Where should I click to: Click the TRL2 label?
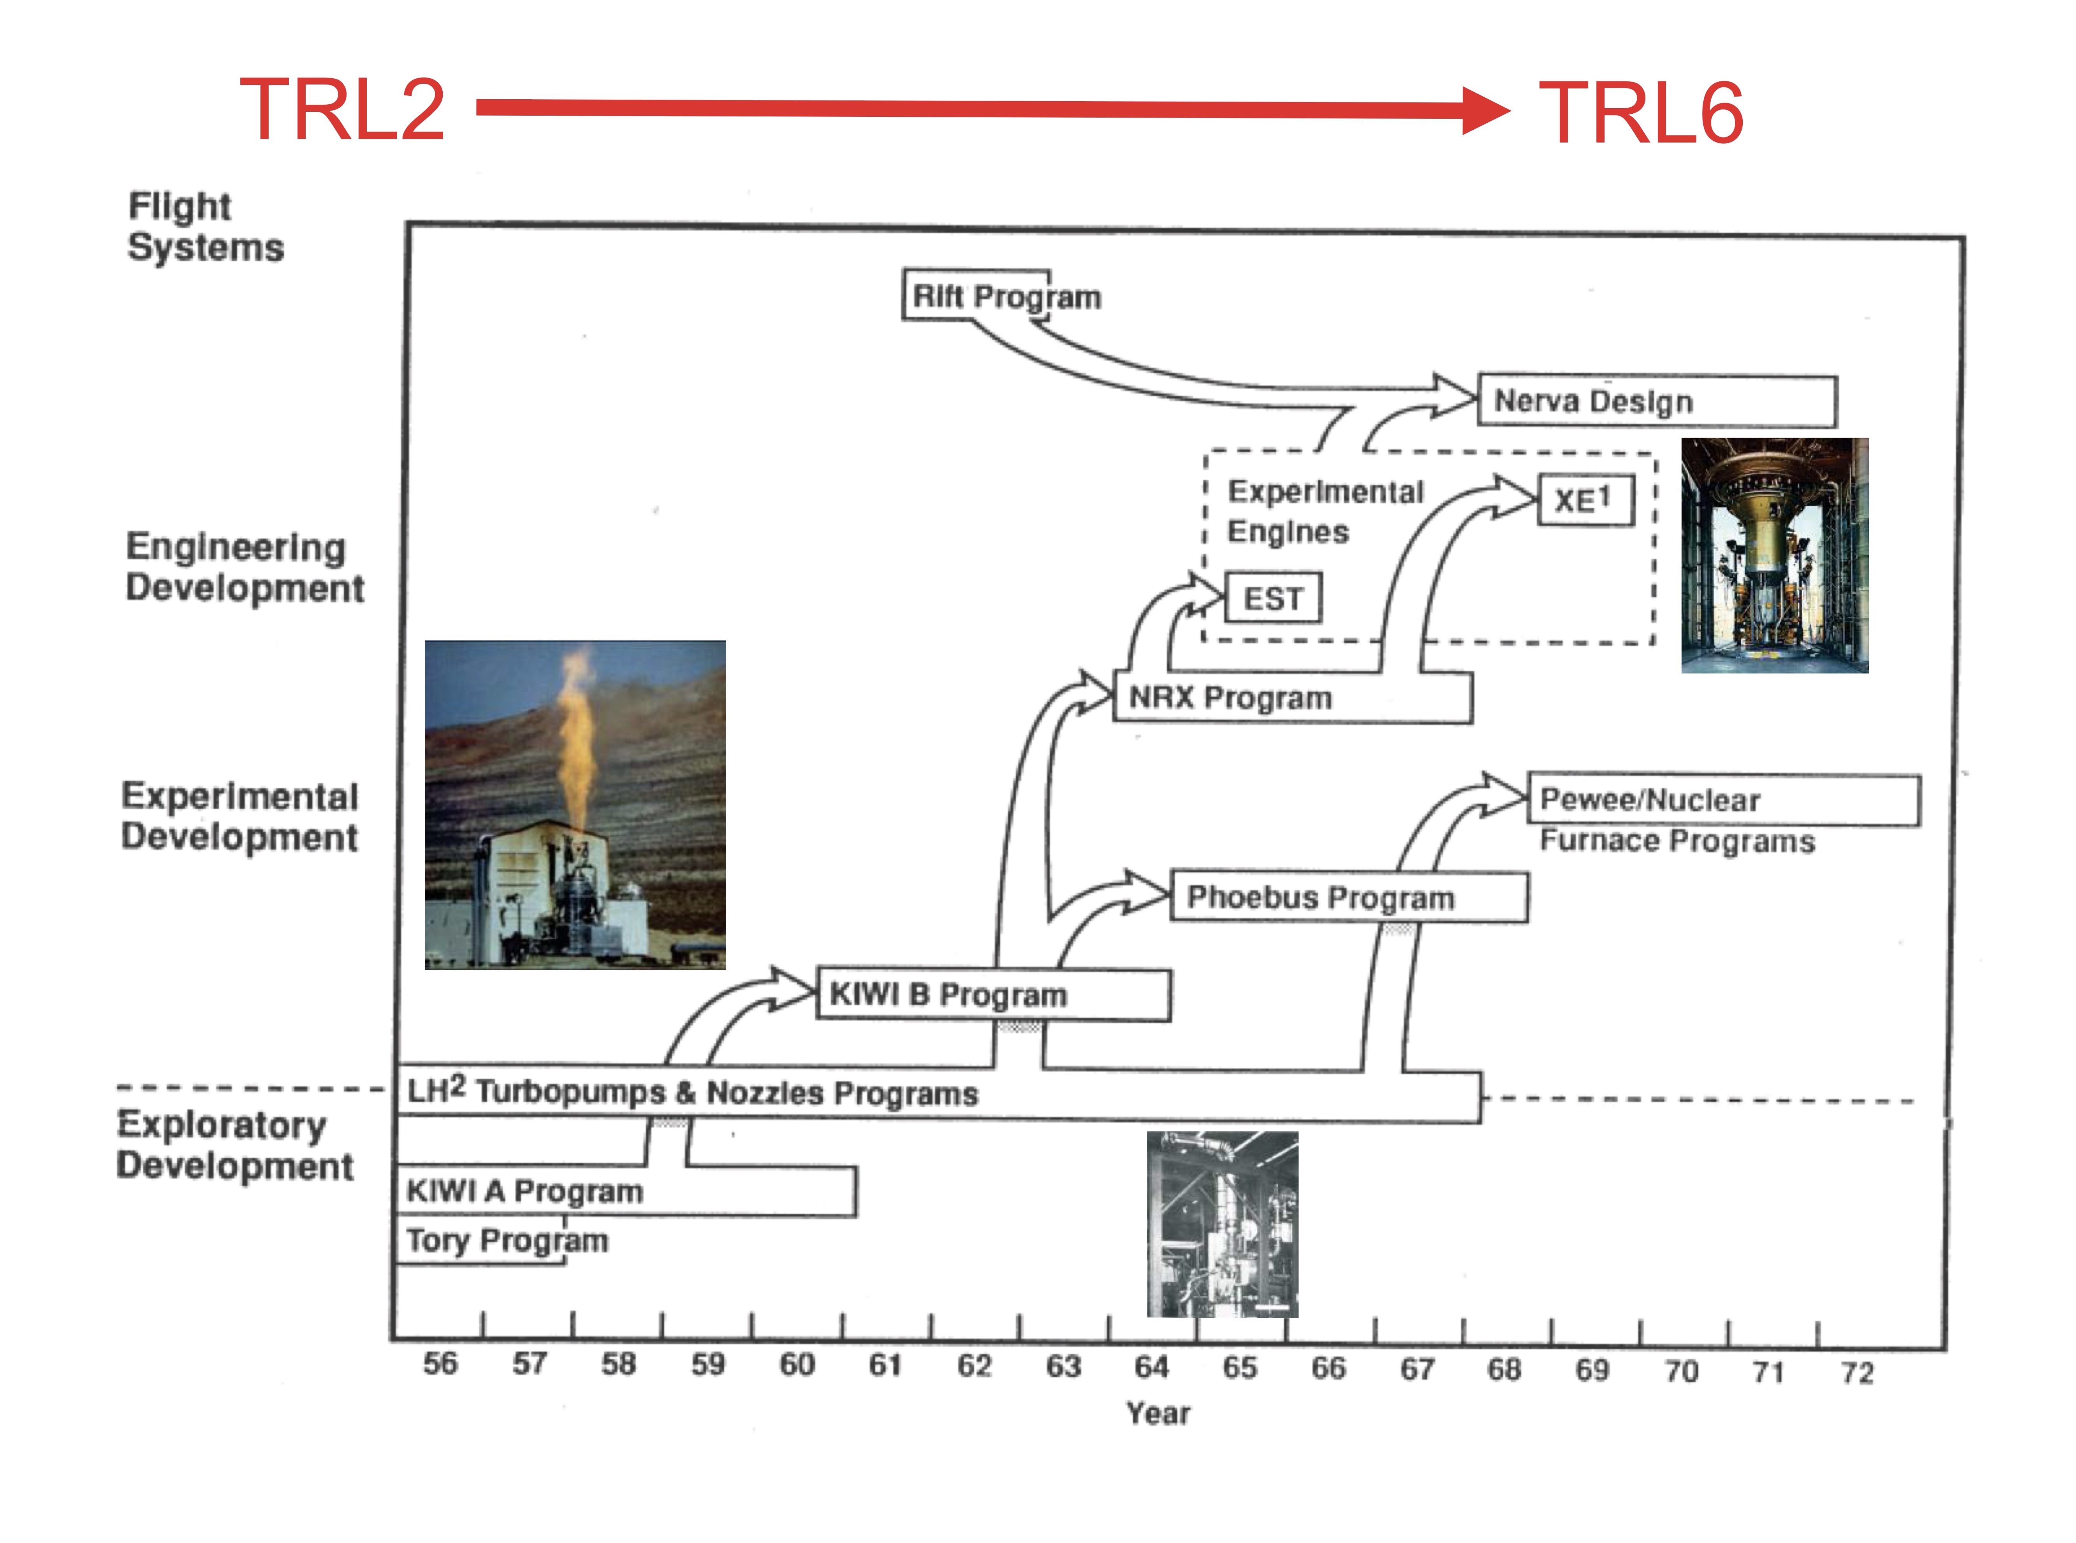(x=342, y=110)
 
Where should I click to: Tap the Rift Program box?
(x=976, y=295)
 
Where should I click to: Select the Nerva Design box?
(x=1656, y=401)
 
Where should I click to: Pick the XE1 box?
(x=1585, y=501)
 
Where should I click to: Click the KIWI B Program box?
(x=993, y=995)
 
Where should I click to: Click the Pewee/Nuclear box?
(x=1723, y=801)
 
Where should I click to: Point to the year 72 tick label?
(x=1856, y=1373)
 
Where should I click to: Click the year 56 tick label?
(x=440, y=1364)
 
